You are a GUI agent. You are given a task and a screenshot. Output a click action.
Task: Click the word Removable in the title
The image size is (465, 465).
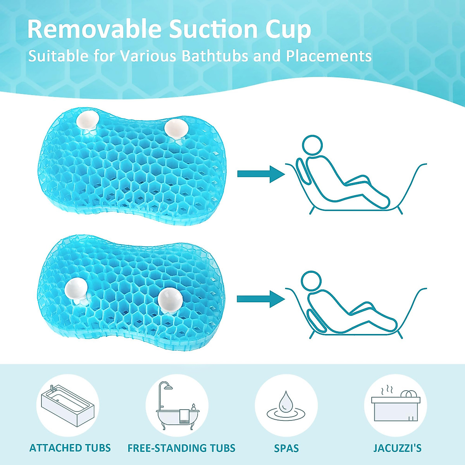(94, 29)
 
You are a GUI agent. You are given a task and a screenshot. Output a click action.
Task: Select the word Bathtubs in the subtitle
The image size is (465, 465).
(215, 56)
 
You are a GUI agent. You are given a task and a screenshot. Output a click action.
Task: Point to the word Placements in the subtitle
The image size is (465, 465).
(329, 56)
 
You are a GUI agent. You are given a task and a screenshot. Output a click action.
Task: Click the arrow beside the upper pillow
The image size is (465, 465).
(261, 174)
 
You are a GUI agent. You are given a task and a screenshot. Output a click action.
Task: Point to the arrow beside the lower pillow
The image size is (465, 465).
(261, 299)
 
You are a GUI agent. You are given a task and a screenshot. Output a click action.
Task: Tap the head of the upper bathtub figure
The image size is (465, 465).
(312, 145)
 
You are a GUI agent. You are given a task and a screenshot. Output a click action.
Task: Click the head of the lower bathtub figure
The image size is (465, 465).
(312, 281)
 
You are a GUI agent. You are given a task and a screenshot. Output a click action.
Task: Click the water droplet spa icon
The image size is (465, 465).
(286, 406)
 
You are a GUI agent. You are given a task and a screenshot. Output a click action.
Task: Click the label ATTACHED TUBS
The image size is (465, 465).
(70, 448)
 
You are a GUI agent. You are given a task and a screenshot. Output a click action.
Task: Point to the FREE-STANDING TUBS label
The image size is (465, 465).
(181, 448)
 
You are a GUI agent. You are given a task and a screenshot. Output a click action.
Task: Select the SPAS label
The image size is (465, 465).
(286, 448)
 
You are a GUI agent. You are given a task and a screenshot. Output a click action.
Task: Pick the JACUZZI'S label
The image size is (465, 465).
(398, 448)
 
